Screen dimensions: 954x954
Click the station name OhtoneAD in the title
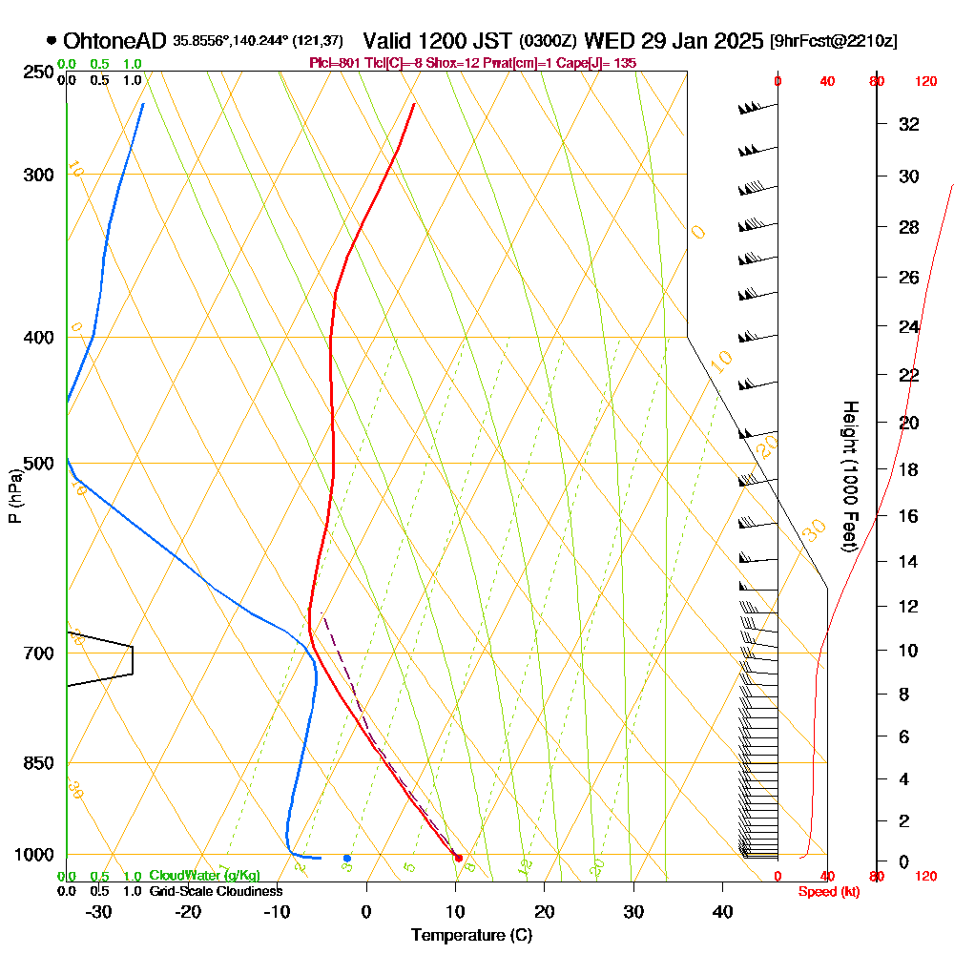click(115, 41)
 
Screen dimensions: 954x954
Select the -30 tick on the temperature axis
click(99, 912)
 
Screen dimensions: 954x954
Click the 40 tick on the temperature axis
click(722, 912)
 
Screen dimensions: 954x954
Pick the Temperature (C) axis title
click(471, 936)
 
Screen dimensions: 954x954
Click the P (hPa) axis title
click(14, 496)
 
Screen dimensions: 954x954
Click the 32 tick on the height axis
click(909, 124)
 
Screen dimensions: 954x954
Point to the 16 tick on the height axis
click(909, 516)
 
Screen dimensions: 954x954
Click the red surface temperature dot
click(459, 859)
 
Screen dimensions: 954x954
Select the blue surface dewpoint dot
click(347, 859)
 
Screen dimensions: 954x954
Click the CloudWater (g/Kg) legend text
click(204, 876)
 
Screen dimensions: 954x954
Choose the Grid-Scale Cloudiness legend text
click(215, 891)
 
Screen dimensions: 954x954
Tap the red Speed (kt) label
click(825, 891)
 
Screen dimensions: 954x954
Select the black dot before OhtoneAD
click(51, 41)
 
